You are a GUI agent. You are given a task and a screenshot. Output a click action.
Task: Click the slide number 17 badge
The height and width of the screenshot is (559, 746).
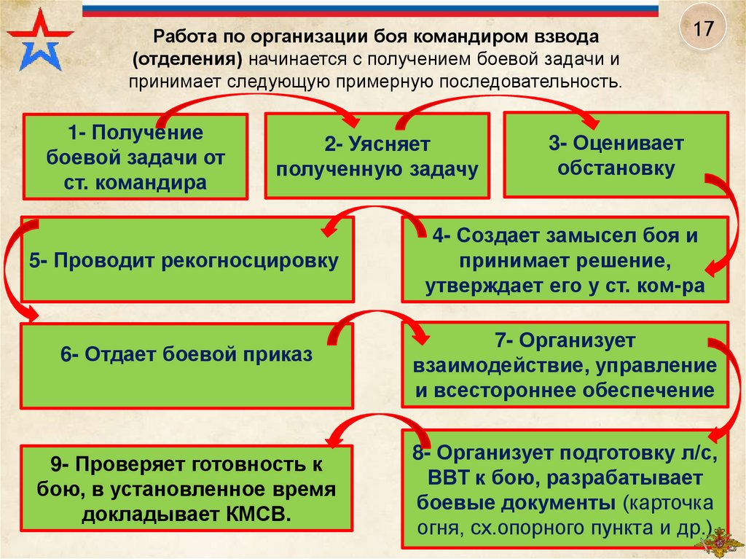tap(702, 31)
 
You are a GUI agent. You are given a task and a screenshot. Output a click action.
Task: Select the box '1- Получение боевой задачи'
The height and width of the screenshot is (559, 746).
tap(136, 157)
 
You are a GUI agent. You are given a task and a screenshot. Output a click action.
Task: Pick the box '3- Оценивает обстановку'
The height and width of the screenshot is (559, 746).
tap(616, 155)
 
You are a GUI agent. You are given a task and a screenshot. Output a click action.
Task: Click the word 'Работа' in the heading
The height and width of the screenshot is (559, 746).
tap(183, 36)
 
